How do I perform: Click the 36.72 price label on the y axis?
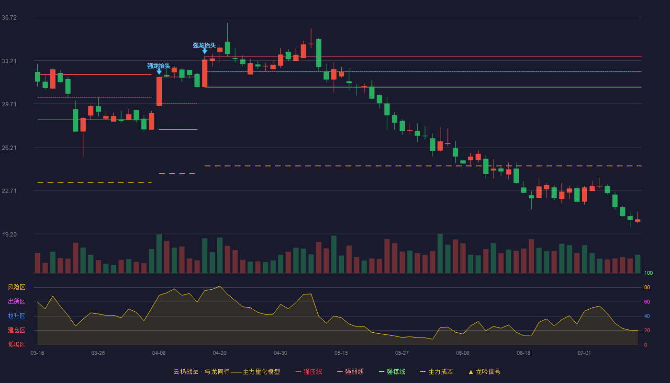coord(9,18)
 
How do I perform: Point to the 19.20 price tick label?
coord(9,234)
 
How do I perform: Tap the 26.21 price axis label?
coord(9,148)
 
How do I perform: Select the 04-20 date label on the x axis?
coord(220,353)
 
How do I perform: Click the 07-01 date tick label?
coord(584,353)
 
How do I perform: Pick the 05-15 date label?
coord(341,353)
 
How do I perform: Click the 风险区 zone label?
coord(16,287)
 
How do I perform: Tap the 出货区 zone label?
coord(16,301)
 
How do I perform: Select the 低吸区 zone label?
coord(16,344)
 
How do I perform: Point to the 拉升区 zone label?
coord(16,315)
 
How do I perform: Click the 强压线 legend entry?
coord(309,372)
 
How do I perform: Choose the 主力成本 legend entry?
coord(436,372)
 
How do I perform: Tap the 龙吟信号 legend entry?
coord(484,372)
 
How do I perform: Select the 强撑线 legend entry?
coord(392,372)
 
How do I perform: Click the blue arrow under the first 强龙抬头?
coord(159,72)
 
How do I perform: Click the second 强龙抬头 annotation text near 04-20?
coord(204,45)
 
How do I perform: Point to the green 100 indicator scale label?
coord(648,273)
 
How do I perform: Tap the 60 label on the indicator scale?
coord(647,302)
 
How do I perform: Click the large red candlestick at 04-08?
coord(159,91)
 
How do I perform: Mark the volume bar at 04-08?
coord(159,254)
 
